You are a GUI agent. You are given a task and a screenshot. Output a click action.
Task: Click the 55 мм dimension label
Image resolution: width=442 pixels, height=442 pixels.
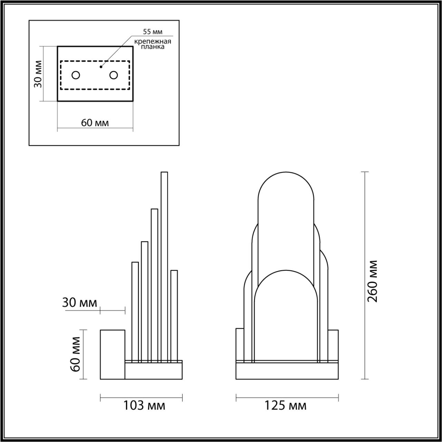[x=152, y=32]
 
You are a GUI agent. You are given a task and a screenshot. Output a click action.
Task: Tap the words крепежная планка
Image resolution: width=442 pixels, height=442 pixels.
[x=153, y=44]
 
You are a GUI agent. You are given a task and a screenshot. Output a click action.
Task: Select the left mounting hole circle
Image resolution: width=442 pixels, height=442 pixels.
[x=76, y=75]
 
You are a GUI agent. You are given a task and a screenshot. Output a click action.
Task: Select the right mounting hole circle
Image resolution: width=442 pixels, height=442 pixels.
[x=113, y=75]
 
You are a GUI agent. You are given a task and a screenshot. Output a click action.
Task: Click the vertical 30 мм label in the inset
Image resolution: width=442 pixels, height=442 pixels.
[x=38, y=74]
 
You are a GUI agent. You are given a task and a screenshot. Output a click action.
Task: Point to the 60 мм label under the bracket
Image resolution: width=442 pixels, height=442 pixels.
[x=95, y=123]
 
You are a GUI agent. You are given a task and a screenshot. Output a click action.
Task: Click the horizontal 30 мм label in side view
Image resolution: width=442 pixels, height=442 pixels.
[x=79, y=303]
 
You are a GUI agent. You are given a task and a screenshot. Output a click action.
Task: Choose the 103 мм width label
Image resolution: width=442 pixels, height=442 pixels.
[x=144, y=405]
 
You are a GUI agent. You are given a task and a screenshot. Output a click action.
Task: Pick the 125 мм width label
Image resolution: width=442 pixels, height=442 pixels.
[x=285, y=405]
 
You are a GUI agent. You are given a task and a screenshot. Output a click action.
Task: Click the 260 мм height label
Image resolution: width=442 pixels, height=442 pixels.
[x=373, y=281]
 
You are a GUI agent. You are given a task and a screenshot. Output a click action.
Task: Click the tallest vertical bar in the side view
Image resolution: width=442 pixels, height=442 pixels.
[x=164, y=266]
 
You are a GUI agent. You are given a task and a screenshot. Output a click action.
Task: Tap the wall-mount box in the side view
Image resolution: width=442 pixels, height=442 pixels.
[x=113, y=354]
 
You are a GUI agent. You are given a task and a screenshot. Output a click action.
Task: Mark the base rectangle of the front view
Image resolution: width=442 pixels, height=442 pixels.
[x=287, y=371]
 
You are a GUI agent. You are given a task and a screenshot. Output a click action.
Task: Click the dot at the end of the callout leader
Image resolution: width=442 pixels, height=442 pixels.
[x=101, y=67]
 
